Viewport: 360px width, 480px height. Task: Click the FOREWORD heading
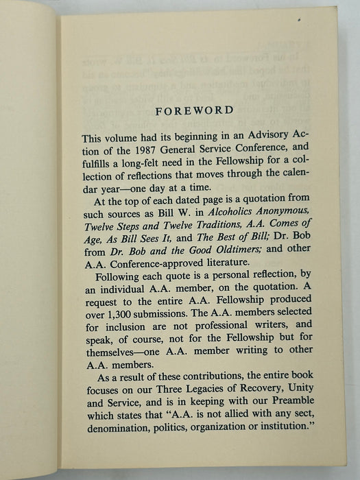(193, 110)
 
